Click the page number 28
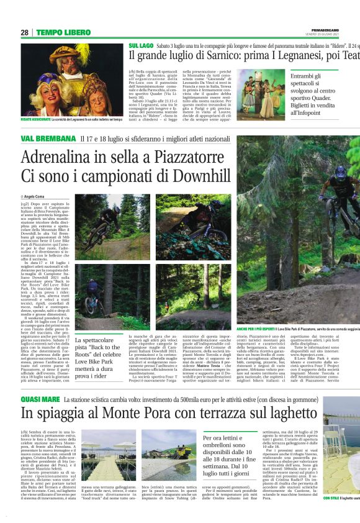pos(24,32)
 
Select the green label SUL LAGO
pos(141,47)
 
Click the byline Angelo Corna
pos(37,196)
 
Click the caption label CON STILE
pos(331,515)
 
